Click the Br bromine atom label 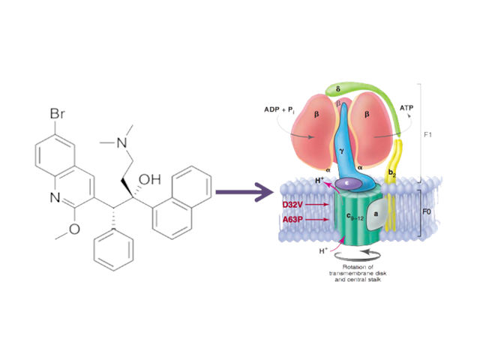(58, 115)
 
